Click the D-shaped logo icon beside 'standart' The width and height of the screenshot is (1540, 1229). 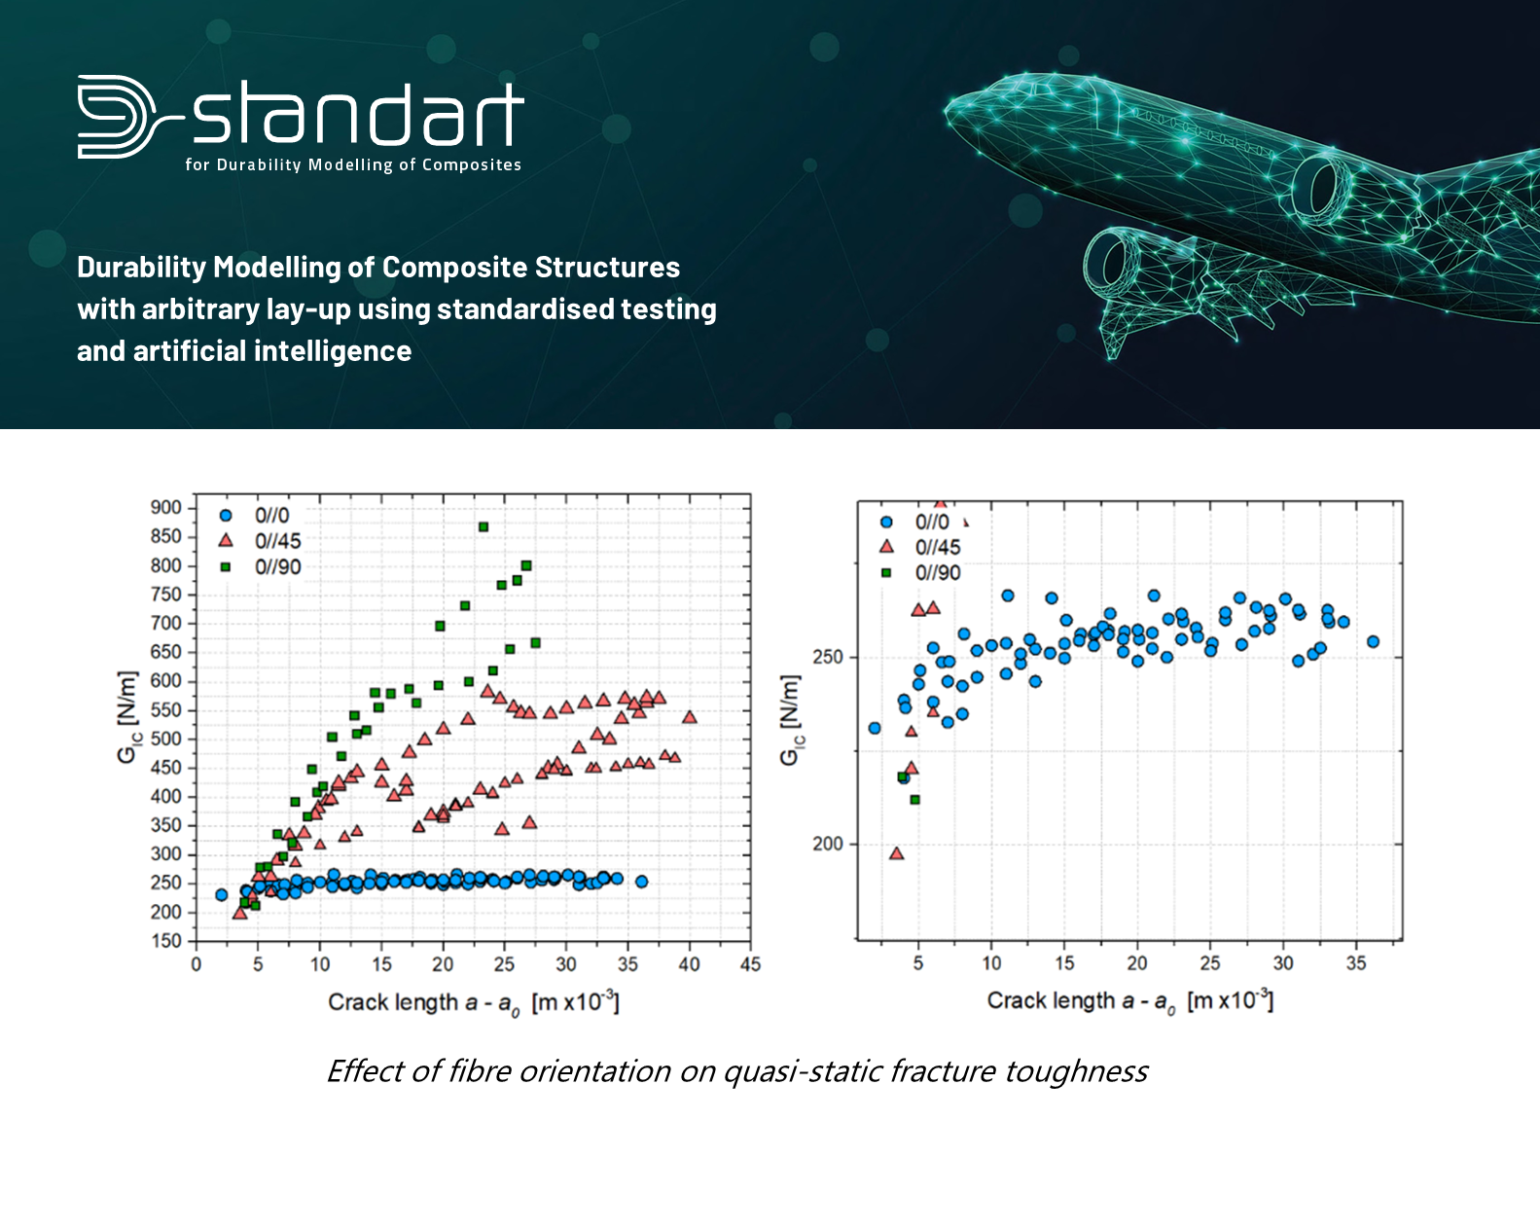pyautogui.click(x=117, y=117)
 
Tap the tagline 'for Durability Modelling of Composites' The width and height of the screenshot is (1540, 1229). pyautogui.click(x=353, y=165)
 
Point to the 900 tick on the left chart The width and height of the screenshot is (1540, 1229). pyautogui.click(x=165, y=507)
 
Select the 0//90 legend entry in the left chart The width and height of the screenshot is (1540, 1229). pyautogui.click(x=277, y=567)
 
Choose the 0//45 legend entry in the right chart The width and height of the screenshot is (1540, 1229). pyautogui.click(x=937, y=548)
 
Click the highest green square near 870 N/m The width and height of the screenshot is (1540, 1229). pyautogui.click(x=483, y=527)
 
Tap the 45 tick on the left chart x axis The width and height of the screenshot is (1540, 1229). pyautogui.click(x=750, y=964)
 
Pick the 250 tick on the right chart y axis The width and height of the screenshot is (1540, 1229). pyautogui.click(x=828, y=658)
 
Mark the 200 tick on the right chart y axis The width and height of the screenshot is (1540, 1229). pyautogui.click(x=828, y=845)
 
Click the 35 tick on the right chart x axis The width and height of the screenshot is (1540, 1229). pyautogui.click(x=1356, y=963)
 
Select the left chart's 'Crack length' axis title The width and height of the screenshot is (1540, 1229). pyautogui.click(x=473, y=1002)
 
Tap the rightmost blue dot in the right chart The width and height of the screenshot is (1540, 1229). pyautogui.click(x=1373, y=642)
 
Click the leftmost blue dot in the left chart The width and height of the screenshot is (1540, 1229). pyautogui.click(x=221, y=895)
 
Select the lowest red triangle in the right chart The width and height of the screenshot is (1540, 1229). pyautogui.click(x=897, y=854)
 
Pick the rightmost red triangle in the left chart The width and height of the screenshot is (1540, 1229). pyautogui.click(x=690, y=717)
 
